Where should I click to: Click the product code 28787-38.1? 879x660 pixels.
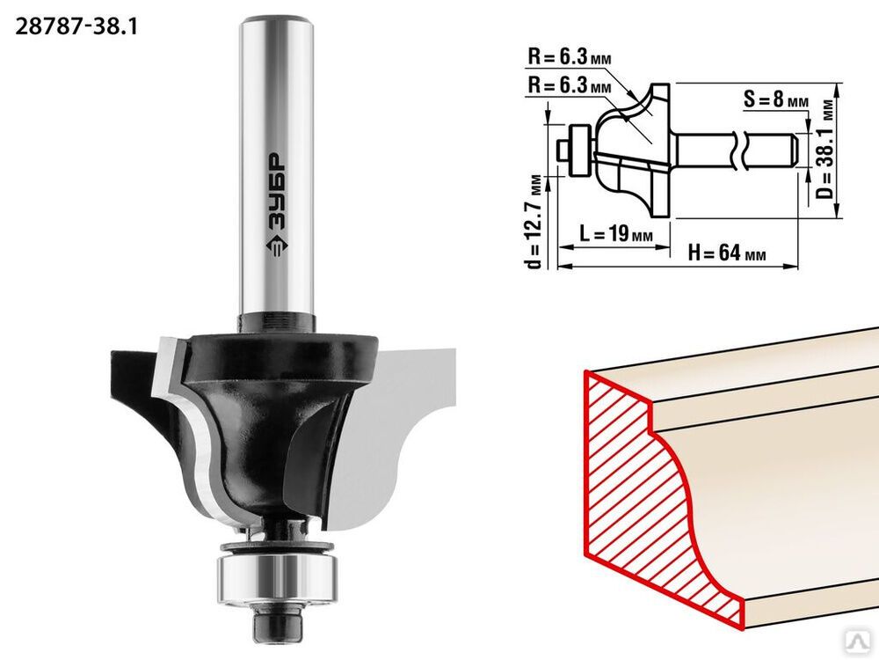click(x=76, y=26)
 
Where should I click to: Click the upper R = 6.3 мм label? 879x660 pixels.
click(x=569, y=57)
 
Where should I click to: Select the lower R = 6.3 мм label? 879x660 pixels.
click(x=569, y=86)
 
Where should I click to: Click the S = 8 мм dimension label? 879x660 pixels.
click(x=776, y=100)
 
